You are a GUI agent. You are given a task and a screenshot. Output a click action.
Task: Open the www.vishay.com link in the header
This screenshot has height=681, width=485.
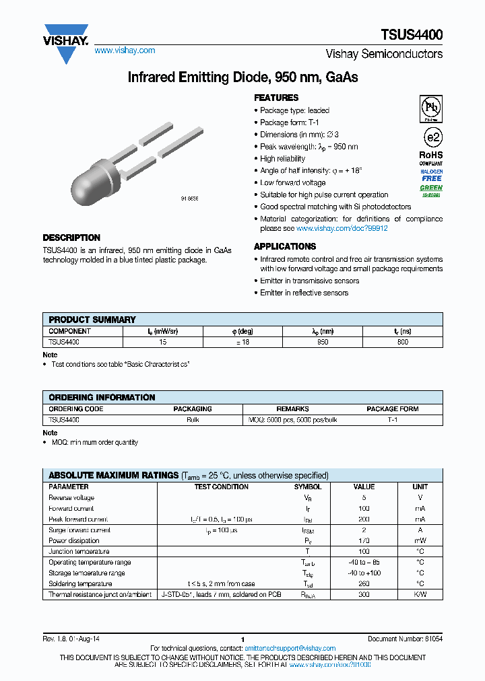(125, 50)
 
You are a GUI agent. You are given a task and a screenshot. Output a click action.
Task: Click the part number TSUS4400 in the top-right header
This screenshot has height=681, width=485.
(416, 35)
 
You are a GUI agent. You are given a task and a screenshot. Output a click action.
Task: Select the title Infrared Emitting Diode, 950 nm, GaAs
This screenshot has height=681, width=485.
(243, 77)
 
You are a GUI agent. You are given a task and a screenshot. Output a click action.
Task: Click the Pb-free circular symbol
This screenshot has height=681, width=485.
(431, 108)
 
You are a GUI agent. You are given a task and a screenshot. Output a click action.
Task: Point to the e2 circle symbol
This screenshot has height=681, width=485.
(432, 137)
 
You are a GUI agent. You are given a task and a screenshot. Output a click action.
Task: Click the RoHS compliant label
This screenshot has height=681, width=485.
(431, 158)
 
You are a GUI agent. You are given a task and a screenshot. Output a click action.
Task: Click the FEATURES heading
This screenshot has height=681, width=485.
(276, 98)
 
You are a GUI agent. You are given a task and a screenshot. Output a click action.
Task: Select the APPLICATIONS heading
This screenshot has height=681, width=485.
(285, 246)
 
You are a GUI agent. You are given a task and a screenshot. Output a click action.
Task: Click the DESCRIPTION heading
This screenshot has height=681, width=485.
(71, 238)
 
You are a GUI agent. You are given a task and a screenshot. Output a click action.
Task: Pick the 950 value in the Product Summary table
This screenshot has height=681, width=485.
(323, 342)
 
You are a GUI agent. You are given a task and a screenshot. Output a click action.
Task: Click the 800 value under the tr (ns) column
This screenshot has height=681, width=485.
(402, 342)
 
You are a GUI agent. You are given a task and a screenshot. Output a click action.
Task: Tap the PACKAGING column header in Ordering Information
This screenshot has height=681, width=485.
(193, 408)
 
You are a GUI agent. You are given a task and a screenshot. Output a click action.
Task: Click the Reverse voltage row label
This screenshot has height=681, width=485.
(71, 498)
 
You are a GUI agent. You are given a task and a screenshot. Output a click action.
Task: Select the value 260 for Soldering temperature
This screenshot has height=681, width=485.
(364, 584)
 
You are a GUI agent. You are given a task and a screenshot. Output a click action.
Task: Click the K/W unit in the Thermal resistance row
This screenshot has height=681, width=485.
(420, 595)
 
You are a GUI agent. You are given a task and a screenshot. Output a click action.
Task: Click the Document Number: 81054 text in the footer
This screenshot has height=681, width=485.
(405, 639)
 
